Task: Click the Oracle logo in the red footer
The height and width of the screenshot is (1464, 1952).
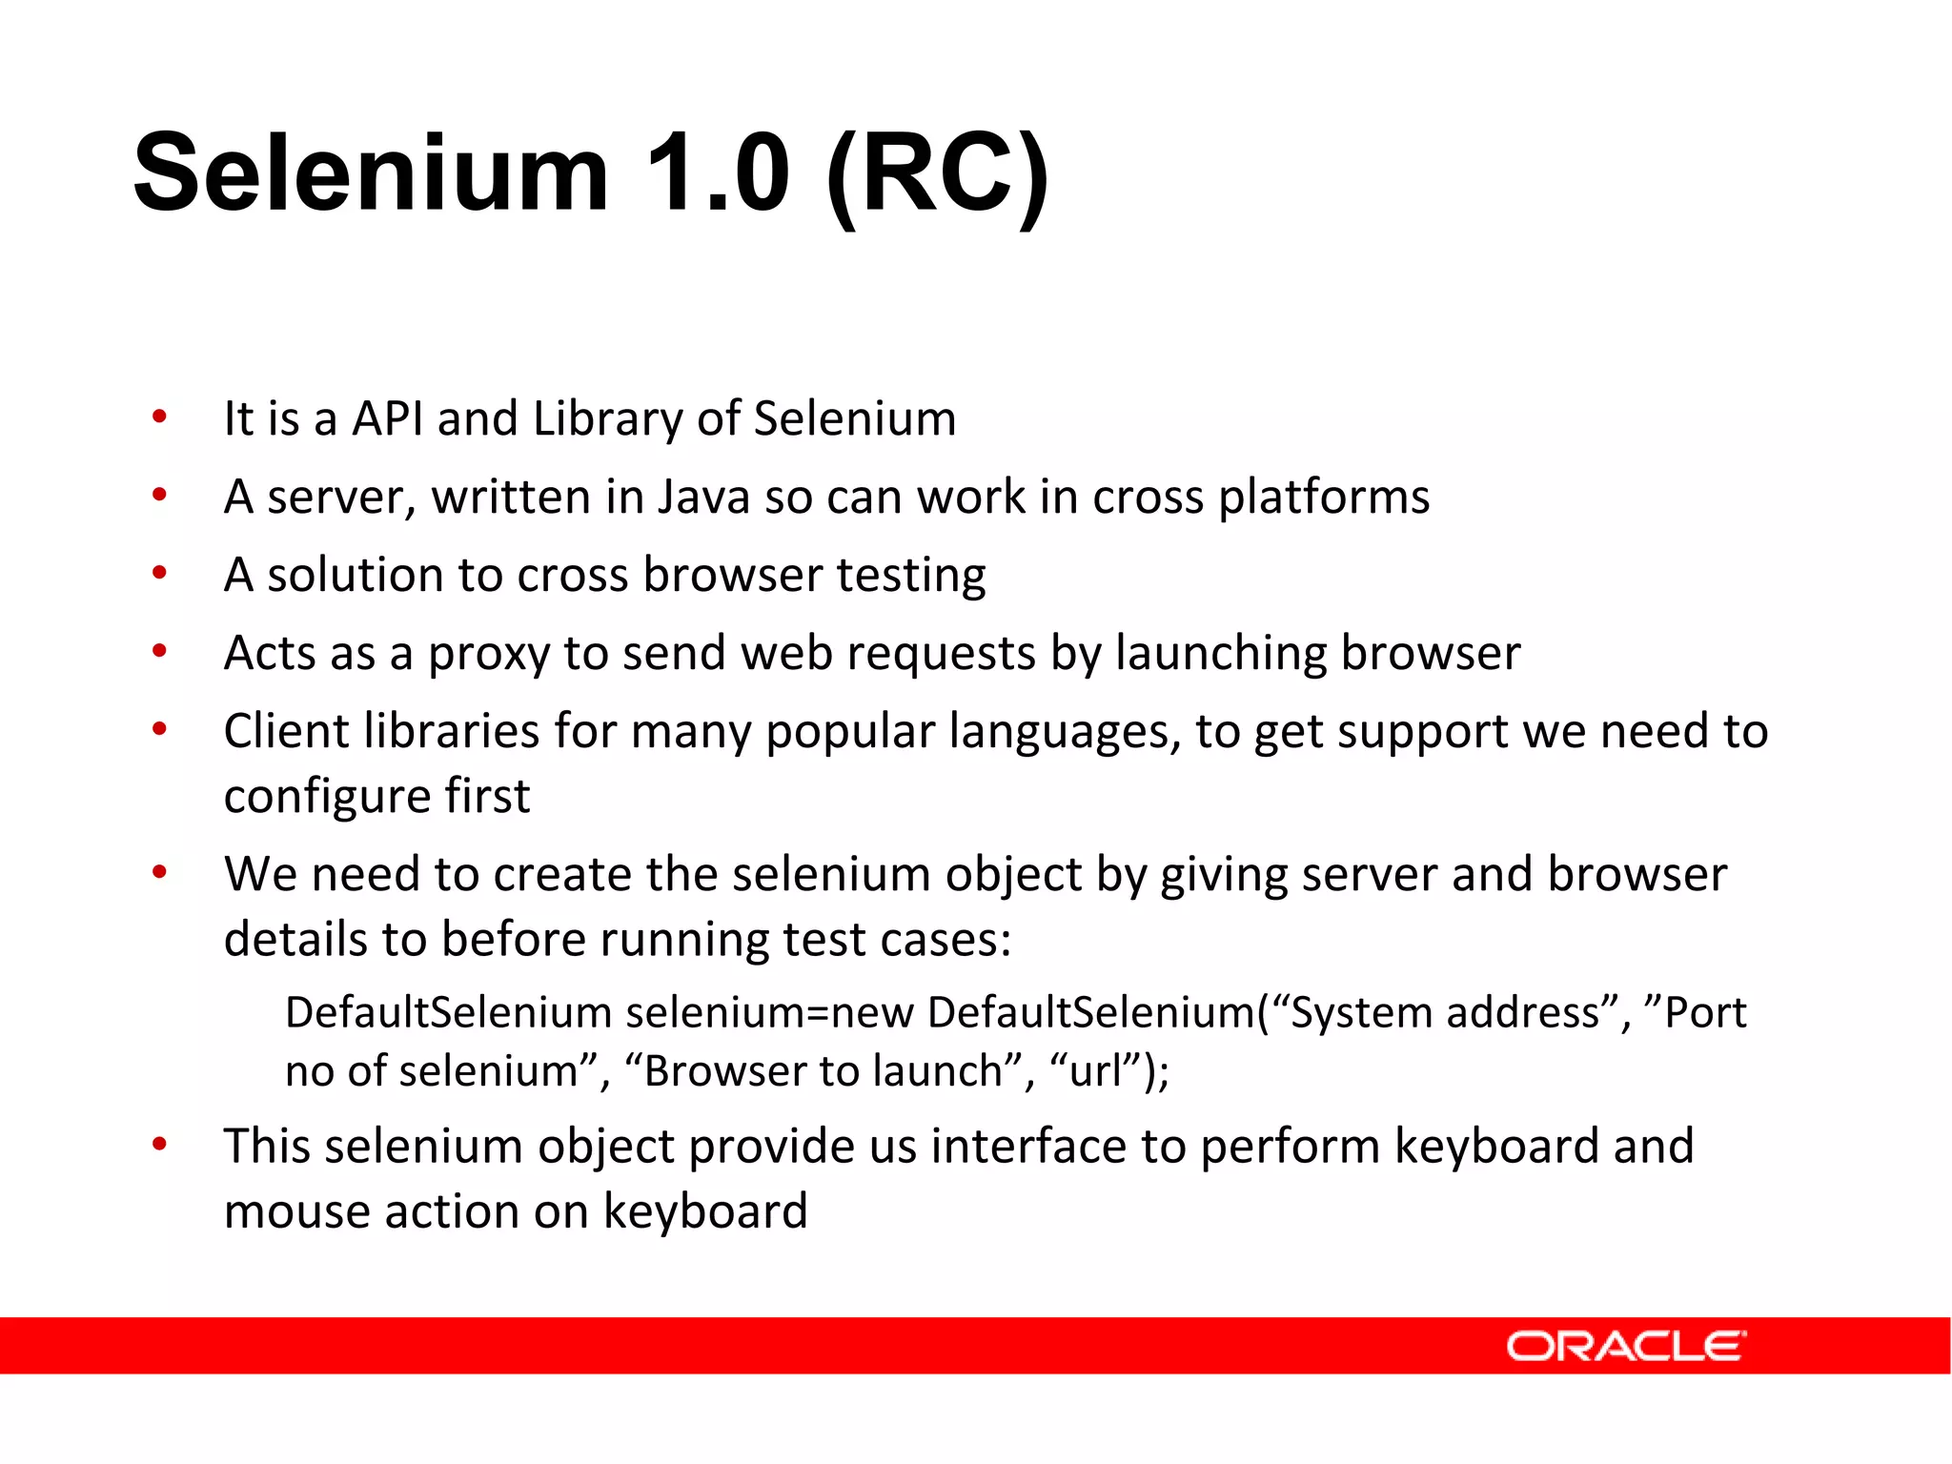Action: pos(1625,1346)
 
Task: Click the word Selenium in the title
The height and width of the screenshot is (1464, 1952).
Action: pos(371,173)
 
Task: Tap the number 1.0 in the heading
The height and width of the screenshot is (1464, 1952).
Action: pos(718,173)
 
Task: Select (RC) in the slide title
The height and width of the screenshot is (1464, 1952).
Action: pos(938,175)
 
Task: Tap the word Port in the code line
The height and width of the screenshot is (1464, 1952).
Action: pos(1705,1012)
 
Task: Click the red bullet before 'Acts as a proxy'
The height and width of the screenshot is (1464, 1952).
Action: pos(159,652)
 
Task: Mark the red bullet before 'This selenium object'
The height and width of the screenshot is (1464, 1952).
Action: pos(159,1143)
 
